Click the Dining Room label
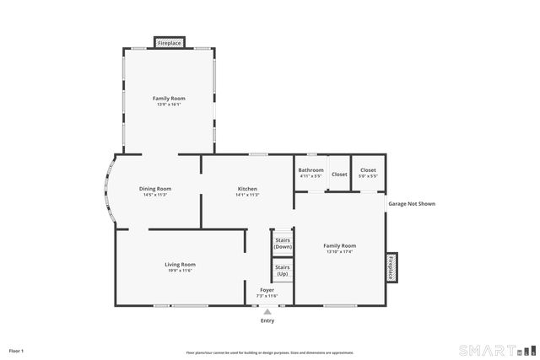pos(155,191)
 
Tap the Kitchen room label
pos(247,191)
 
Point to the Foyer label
pos(267,293)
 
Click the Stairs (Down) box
pos(283,243)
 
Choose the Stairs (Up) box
pos(283,271)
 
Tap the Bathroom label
pos(310,173)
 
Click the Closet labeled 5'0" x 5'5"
pos(368,173)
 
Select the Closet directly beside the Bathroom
pos(339,175)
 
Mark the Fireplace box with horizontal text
pos(170,42)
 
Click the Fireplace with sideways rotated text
pos(391,266)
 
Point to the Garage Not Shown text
pos(412,204)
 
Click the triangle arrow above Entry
pos(267,312)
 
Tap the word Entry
pos(267,321)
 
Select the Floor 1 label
pos(16,350)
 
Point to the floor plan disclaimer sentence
pos(269,352)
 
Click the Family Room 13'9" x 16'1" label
pos(169,101)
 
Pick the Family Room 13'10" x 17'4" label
pos(340,248)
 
